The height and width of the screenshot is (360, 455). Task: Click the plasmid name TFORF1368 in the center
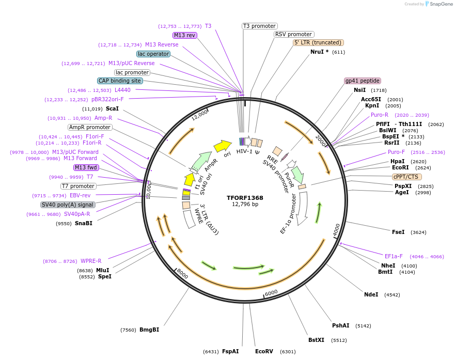click(245, 198)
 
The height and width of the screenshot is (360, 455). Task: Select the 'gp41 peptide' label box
click(363, 81)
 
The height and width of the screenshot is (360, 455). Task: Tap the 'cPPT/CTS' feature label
click(405, 177)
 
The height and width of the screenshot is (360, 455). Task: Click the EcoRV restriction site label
click(264, 352)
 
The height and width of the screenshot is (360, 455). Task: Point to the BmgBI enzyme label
click(149, 330)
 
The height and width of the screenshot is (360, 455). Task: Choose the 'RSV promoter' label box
click(293, 35)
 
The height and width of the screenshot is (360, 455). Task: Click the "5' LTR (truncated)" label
click(318, 43)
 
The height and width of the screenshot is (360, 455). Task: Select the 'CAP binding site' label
click(120, 81)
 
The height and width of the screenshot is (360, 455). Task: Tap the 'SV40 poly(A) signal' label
click(68, 205)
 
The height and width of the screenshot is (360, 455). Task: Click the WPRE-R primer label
click(91, 261)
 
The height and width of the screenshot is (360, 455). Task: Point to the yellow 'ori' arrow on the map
click(223, 146)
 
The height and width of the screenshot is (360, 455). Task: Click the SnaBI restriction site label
click(83, 224)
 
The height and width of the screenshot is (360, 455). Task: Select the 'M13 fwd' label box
click(86, 167)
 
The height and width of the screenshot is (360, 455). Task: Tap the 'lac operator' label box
click(153, 54)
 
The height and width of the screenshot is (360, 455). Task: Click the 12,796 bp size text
click(245, 205)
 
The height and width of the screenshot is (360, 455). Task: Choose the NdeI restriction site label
click(371, 295)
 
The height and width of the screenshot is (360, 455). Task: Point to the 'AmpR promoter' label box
click(90, 128)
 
